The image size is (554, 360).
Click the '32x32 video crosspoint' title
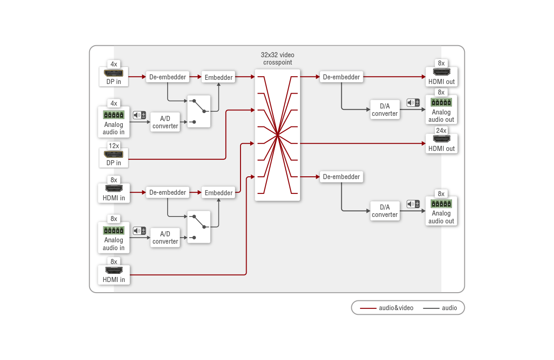pyautogui.click(x=277, y=59)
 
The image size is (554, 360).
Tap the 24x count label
pyautogui.click(x=441, y=131)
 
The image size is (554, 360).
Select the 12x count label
pyautogui.click(x=114, y=146)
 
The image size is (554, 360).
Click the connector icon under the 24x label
pyautogui.click(x=441, y=139)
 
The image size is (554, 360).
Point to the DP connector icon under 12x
pyautogui.click(x=114, y=155)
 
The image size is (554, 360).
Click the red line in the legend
pyautogui.click(x=368, y=308)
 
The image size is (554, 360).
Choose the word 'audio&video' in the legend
pyautogui.click(x=396, y=308)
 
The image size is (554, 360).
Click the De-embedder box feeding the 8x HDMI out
pyautogui.click(x=341, y=77)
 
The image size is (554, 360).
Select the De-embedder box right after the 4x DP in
pyautogui.click(x=168, y=77)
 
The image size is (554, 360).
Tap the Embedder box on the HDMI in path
pyautogui.click(x=218, y=192)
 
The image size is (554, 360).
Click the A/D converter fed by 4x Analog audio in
pyautogui.click(x=165, y=122)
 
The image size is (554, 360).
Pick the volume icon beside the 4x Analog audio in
pyautogui.click(x=139, y=115)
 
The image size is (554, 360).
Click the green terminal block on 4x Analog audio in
pyautogui.click(x=114, y=115)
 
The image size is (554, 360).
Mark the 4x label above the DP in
pyautogui.click(x=114, y=64)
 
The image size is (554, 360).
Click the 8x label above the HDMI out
pyautogui.click(x=441, y=63)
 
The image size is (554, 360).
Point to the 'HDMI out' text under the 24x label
pyautogui.click(x=441, y=149)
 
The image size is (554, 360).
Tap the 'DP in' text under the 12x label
pyautogui.click(x=114, y=163)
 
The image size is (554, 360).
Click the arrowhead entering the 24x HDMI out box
pyautogui.click(x=423, y=144)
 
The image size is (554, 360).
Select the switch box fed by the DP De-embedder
pyautogui.click(x=199, y=112)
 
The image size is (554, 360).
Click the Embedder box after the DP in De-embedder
pyautogui.click(x=218, y=78)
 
